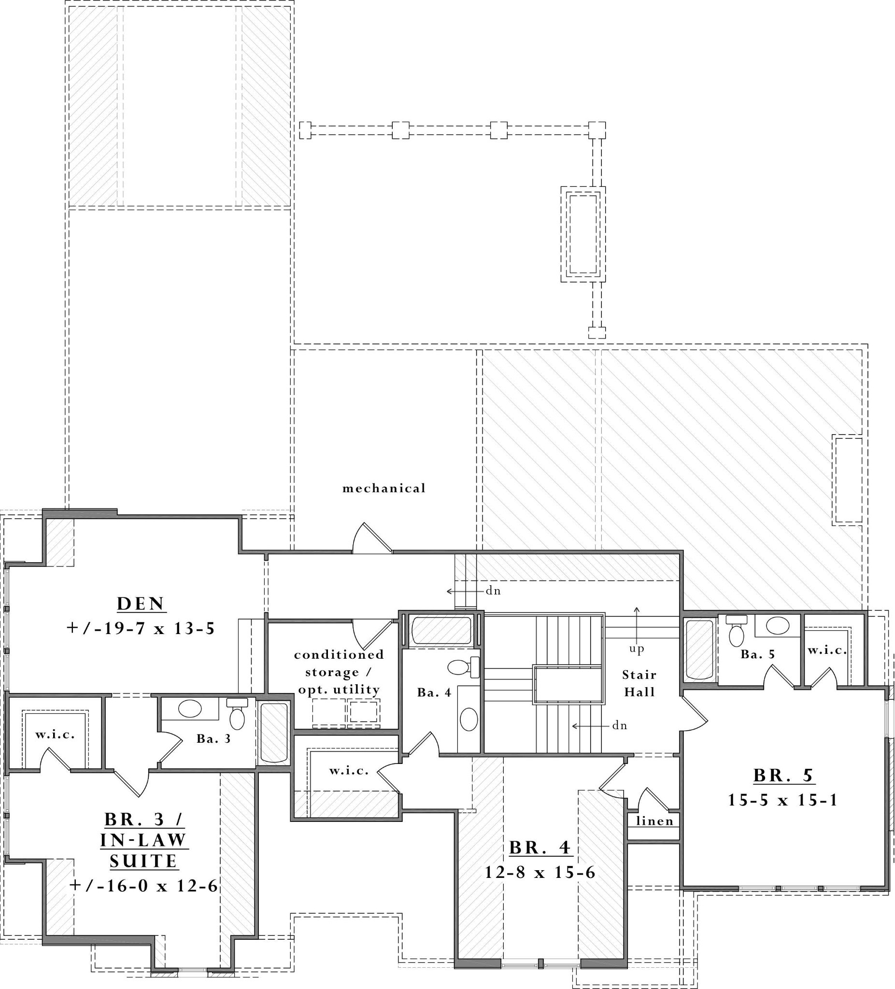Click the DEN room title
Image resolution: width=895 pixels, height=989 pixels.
(x=142, y=604)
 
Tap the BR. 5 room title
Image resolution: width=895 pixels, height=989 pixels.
(x=783, y=776)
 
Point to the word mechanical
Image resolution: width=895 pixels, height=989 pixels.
(x=384, y=488)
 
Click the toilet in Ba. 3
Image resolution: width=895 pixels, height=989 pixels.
(x=237, y=716)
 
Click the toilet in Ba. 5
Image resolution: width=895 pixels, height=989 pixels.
(x=736, y=633)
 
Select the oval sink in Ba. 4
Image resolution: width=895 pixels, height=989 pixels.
(x=469, y=720)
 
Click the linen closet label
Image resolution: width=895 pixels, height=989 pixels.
(x=654, y=821)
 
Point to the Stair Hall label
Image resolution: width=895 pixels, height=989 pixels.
(x=639, y=683)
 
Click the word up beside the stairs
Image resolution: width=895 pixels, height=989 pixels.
(x=637, y=649)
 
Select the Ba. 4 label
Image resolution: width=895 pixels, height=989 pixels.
(x=434, y=692)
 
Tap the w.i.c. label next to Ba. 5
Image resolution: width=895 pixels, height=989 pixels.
(x=827, y=650)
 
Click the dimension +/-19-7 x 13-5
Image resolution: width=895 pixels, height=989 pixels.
(x=141, y=628)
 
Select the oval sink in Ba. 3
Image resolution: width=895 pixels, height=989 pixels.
(x=189, y=708)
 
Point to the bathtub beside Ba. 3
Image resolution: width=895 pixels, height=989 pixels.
(x=273, y=733)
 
